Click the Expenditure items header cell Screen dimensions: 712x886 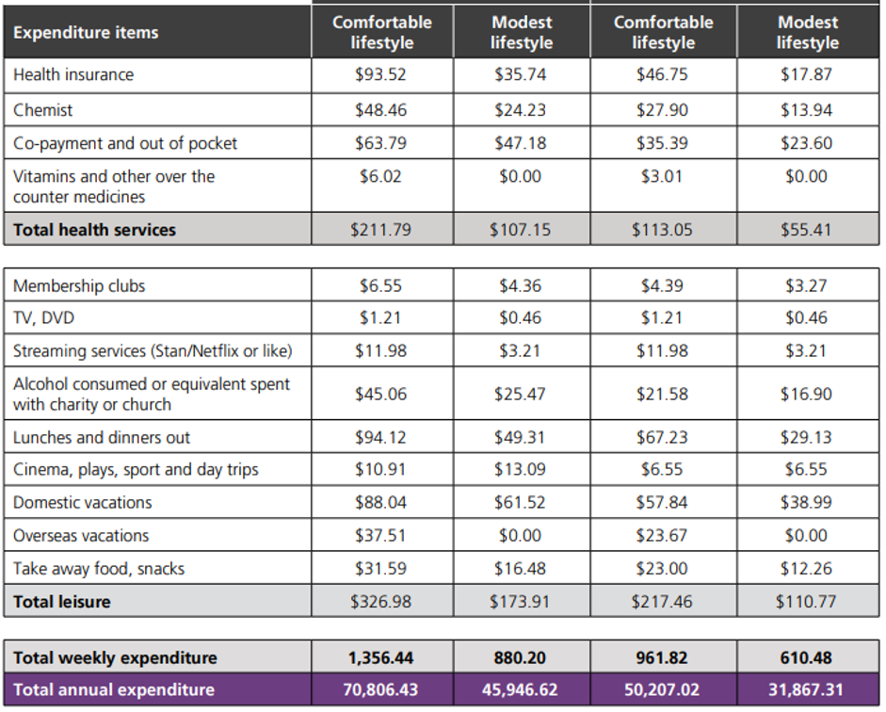tap(86, 33)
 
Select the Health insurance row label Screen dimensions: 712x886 tap(73, 74)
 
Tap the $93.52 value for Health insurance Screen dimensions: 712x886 tap(381, 74)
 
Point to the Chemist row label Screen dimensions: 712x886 tap(43, 110)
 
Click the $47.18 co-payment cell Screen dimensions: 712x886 tap(520, 143)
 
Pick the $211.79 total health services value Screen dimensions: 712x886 tap(381, 229)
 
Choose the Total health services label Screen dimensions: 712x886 tap(94, 229)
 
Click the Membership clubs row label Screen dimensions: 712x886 tap(79, 285)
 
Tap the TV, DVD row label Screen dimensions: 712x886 tap(44, 318)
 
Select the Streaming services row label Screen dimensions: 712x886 tap(153, 351)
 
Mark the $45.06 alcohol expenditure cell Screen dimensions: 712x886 tap(381, 394)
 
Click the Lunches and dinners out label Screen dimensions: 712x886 tap(102, 437)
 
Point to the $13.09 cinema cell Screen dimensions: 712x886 tap(520, 469)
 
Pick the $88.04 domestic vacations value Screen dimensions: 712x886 tap(381, 502)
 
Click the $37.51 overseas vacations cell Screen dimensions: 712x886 tap(381, 535)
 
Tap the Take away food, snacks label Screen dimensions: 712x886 tap(99, 568)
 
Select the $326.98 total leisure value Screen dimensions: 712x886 tap(381, 601)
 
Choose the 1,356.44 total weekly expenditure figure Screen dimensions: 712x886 tap(381, 657)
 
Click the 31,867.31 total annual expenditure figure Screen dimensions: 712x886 tap(807, 689)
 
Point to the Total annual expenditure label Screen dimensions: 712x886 tap(114, 689)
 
